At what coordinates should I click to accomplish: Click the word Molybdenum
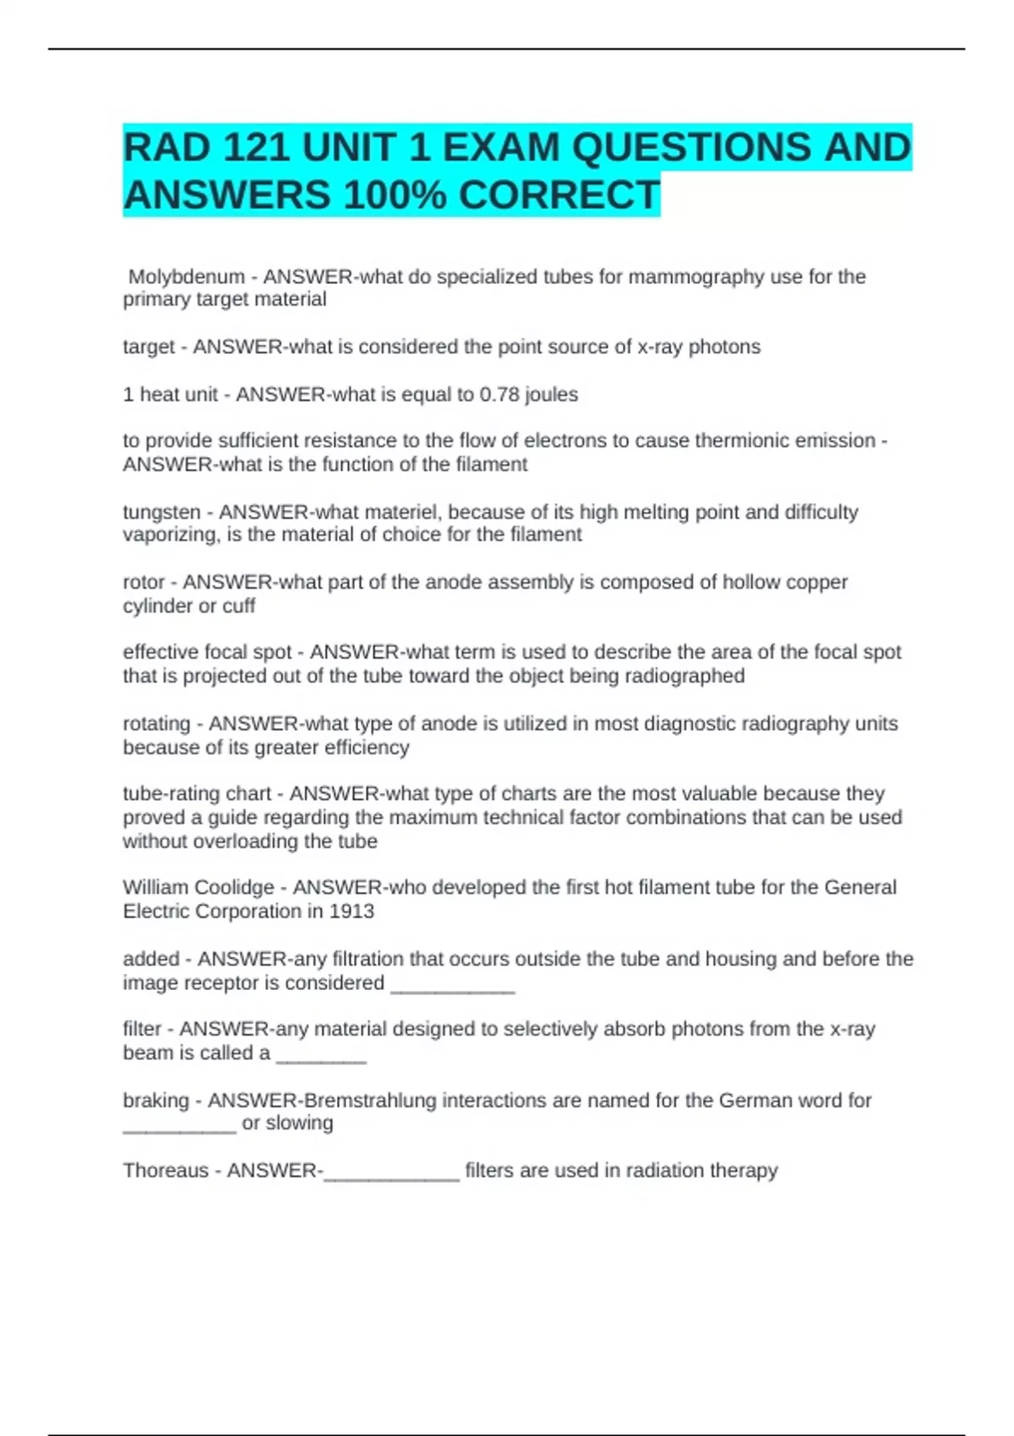coord(186,277)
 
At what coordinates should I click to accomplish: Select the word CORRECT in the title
coord(559,196)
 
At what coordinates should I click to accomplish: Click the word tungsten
coord(161,512)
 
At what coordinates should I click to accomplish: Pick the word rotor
coord(144,583)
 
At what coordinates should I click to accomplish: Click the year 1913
coord(352,911)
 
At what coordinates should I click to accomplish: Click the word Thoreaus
coord(166,1171)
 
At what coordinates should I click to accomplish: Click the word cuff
coord(238,606)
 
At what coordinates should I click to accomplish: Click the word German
coord(753,1101)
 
